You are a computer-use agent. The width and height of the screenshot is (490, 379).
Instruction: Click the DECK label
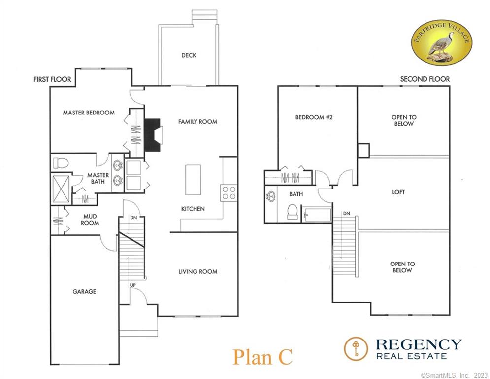point(189,55)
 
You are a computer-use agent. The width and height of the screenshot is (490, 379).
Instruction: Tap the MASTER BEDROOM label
point(89,113)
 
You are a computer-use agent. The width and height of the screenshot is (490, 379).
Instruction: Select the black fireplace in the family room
point(152,135)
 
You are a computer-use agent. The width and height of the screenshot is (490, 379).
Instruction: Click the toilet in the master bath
point(61,163)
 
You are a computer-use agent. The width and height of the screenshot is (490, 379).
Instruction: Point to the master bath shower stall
point(61,189)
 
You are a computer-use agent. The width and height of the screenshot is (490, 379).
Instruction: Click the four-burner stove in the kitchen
point(229,193)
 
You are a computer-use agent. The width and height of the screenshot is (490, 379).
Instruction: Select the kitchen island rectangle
point(193,180)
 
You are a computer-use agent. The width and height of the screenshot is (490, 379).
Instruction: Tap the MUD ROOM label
point(90,220)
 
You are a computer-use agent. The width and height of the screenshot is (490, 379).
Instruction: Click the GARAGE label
point(84,291)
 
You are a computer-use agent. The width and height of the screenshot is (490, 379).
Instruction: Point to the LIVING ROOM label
point(198,272)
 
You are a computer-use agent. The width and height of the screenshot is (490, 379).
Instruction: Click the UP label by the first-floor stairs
point(133,285)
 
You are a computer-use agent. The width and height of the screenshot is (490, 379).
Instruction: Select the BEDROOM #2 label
point(314,117)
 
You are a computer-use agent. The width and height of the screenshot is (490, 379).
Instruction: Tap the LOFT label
point(398,192)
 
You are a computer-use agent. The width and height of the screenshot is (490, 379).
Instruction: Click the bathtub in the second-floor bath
point(317,215)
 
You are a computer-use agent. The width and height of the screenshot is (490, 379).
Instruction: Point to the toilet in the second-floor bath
point(293,211)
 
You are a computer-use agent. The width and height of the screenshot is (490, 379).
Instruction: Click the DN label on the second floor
point(347,213)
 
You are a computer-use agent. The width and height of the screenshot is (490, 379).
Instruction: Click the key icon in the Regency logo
point(356,348)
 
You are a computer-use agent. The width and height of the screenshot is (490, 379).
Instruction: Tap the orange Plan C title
point(262,357)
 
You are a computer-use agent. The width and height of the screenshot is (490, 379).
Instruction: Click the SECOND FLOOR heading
point(425,79)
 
